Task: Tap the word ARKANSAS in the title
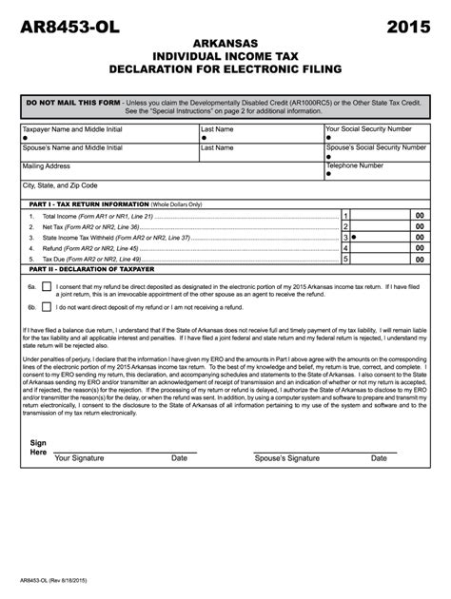coord(225,44)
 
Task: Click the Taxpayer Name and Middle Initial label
coord(72,127)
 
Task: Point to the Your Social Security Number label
coord(368,127)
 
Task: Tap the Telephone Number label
coord(354,164)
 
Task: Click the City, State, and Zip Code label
coord(60,185)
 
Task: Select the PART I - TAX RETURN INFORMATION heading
coord(89,204)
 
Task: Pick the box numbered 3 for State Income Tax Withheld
coord(346,238)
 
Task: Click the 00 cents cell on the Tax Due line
coord(419,258)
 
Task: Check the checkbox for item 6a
coord(46,286)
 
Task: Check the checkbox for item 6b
coord(46,307)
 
